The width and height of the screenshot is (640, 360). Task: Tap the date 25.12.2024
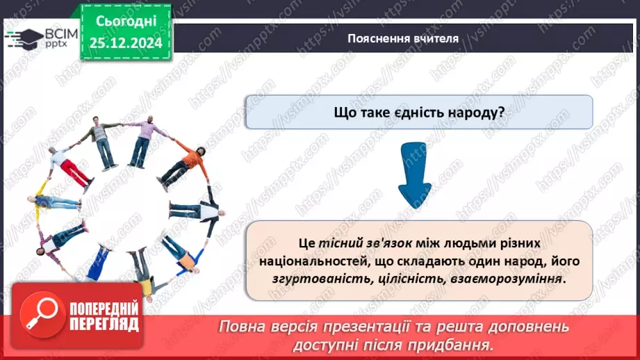point(126,42)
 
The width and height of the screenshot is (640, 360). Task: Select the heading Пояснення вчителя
point(403,38)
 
